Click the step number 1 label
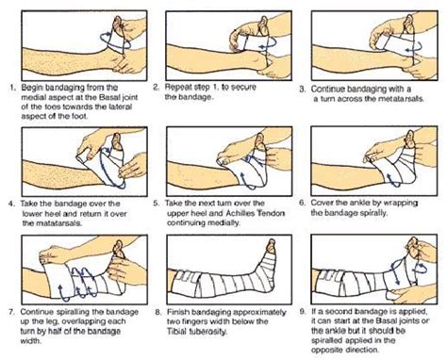[11, 88]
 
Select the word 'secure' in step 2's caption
[243, 88]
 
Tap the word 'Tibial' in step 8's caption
[176, 332]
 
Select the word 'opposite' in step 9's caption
[325, 351]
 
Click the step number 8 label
[158, 313]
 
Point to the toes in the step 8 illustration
[272, 245]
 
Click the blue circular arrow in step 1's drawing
[115, 41]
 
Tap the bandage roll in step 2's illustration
[243, 41]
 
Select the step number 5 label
[157, 204]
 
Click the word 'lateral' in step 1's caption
[120, 106]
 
